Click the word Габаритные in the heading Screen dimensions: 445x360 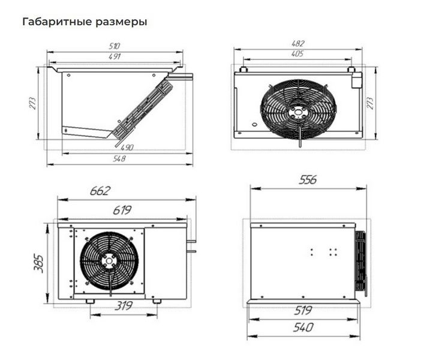(x=58, y=22)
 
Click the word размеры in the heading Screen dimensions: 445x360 (x=122, y=22)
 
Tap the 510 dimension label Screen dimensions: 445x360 (x=115, y=46)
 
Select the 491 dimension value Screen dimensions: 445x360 (x=115, y=56)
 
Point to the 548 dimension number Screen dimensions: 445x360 (x=119, y=158)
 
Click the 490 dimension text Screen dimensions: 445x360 (x=127, y=148)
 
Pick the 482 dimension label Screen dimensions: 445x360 (x=298, y=43)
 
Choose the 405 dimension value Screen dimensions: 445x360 (x=297, y=53)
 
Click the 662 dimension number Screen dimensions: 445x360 (x=100, y=191)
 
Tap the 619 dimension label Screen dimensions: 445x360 (x=122, y=211)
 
